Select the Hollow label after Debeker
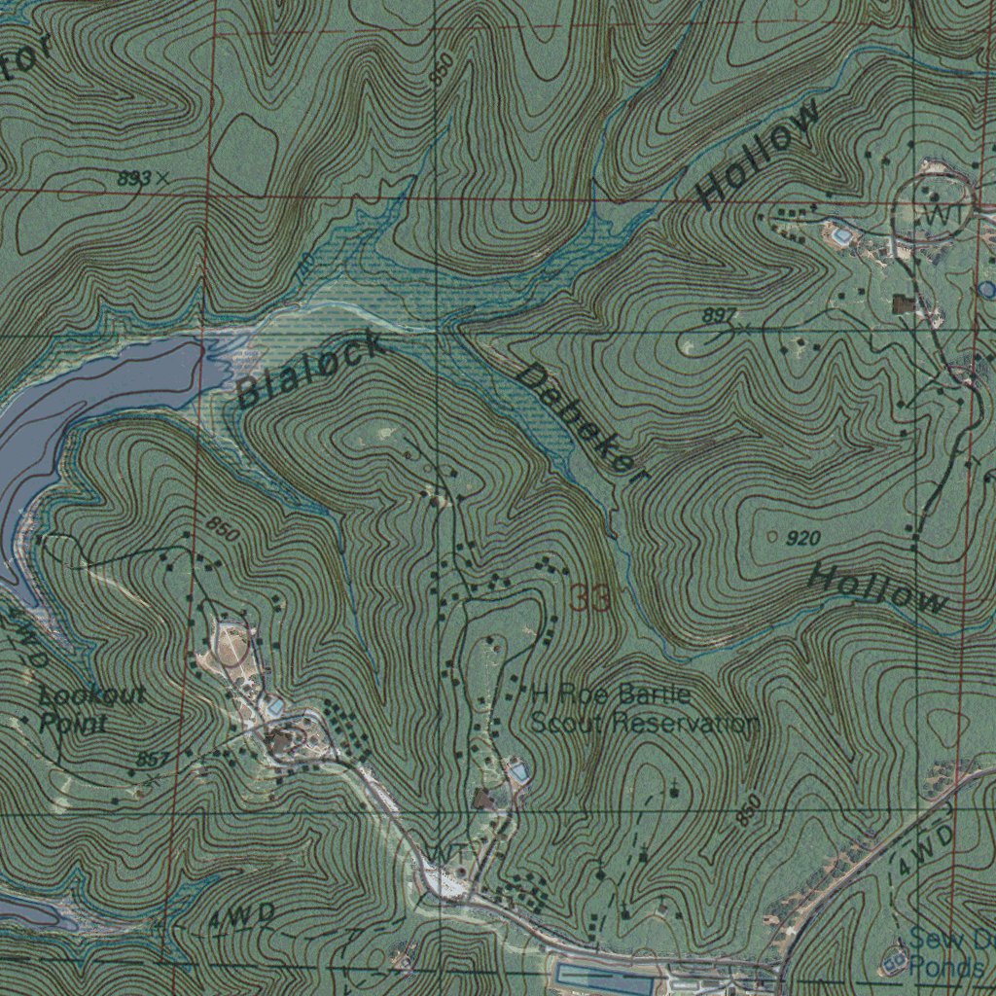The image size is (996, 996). pyautogui.click(x=878, y=587)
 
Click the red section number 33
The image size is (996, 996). pyautogui.click(x=590, y=598)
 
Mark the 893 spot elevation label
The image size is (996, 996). pyautogui.click(x=136, y=179)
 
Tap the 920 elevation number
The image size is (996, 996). pyautogui.click(x=802, y=538)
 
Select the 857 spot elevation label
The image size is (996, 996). pyautogui.click(x=152, y=759)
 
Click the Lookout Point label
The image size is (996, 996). pyautogui.click(x=92, y=709)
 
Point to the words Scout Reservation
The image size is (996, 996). pyautogui.click(x=644, y=724)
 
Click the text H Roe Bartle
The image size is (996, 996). pyautogui.click(x=611, y=694)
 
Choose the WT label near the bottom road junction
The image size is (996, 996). pyautogui.click(x=446, y=853)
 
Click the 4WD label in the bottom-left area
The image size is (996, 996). pyautogui.click(x=240, y=914)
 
